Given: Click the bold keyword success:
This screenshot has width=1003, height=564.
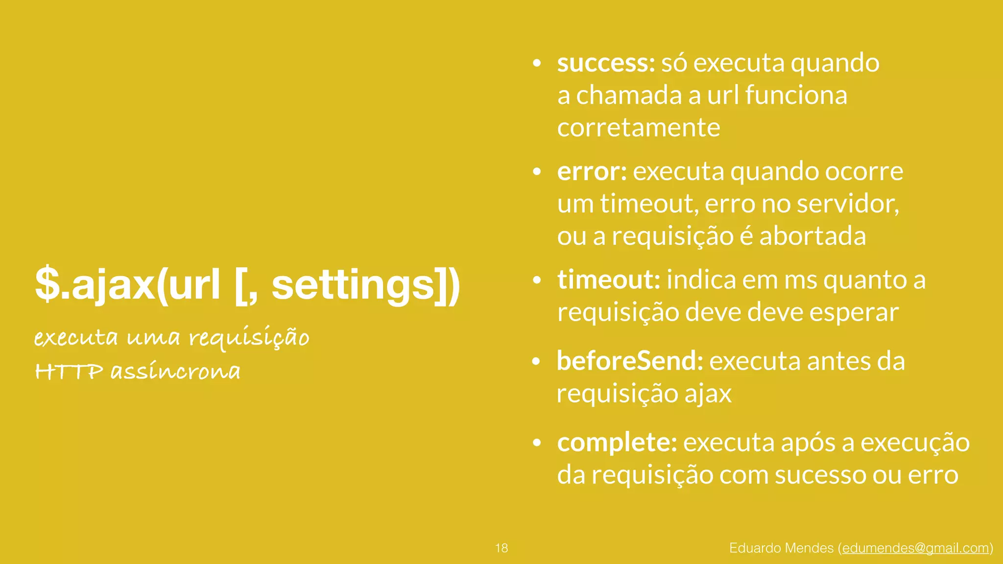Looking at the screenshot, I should pos(606,64).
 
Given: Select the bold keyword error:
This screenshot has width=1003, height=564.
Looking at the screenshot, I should pos(592,172).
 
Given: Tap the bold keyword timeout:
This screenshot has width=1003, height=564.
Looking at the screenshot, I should pos(609,280).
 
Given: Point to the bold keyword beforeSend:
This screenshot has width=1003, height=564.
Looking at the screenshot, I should pos(630,361).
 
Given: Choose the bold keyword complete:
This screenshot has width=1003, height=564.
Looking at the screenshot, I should pos(617,443).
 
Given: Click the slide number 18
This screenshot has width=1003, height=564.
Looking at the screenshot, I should pos(501,548).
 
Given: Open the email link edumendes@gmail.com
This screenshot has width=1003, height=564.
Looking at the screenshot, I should pos(915,548).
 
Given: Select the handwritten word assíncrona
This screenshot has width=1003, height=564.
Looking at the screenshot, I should pos(175,371).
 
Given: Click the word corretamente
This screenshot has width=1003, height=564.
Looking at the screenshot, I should pos(639,128).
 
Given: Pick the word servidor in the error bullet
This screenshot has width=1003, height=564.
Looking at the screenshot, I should pos(848,204).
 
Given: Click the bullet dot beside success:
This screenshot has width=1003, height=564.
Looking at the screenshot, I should pos(537,64).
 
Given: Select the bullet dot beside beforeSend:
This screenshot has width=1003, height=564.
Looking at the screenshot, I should pos(536,362).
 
